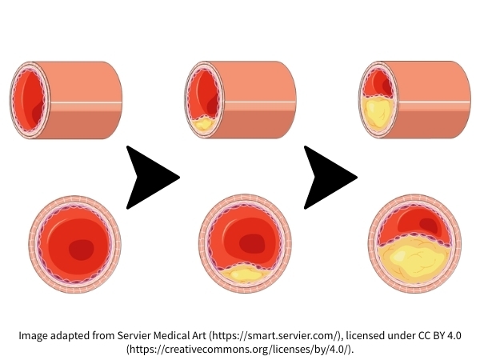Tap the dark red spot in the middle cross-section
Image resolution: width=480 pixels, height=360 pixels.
[x=254, y=243]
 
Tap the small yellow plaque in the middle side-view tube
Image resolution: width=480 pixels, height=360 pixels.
[x=203, y=124]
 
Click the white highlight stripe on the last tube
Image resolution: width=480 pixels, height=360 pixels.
[x=432, y=102]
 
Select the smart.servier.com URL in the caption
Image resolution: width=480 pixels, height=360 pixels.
[x=275, y=335]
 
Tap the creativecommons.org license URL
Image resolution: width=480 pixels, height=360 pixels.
[x=239, y=350]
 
